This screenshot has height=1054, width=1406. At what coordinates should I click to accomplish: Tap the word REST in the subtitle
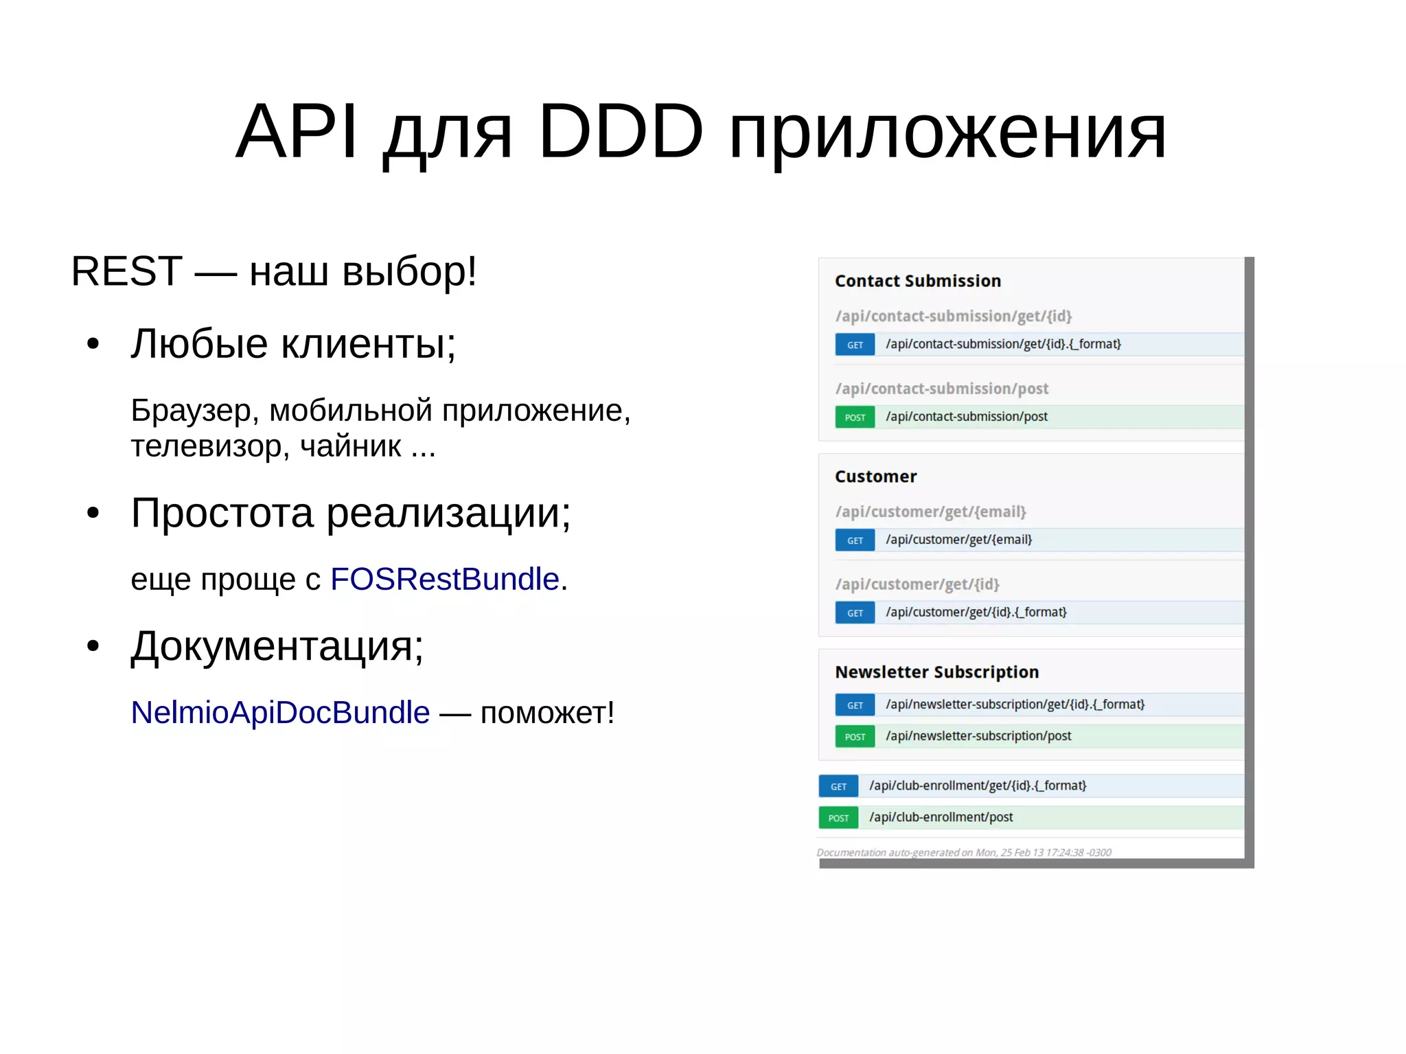click(x=126, y=271)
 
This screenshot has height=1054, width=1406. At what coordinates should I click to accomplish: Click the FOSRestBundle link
click(x=445, y=580)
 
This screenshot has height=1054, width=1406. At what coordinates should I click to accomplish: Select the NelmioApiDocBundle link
click(x=280, y=713)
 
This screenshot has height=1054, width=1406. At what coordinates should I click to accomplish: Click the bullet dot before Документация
click(x=93, y=646)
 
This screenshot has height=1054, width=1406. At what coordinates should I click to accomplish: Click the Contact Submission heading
click(x=917, y=281)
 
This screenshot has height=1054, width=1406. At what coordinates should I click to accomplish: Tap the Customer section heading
click(x=875, y=477)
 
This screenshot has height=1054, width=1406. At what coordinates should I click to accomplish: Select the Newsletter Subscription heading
click(x=936, y=672)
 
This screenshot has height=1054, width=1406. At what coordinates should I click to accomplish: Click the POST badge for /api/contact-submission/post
click(x=855, y=417)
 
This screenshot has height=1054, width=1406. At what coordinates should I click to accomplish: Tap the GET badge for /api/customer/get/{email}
click(x=855, y=540)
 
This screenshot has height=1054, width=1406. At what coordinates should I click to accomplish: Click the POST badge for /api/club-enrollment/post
click(x=838, y=818)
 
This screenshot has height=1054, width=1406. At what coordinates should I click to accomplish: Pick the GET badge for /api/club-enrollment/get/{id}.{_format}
click(x=838, y=786)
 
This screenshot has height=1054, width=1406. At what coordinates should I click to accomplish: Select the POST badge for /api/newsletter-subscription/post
click(x=855, y=737)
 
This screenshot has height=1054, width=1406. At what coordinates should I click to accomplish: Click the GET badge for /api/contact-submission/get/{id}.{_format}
click(x=855, y=345)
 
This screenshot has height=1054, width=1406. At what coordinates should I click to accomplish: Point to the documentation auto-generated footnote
click(x=963, y=852)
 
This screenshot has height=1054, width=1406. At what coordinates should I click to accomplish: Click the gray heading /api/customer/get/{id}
click(x=917, y=584)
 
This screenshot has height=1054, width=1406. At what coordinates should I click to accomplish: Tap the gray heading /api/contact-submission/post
click(x=941, y=389)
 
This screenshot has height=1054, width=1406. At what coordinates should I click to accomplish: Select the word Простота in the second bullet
click(x=222, y=513)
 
